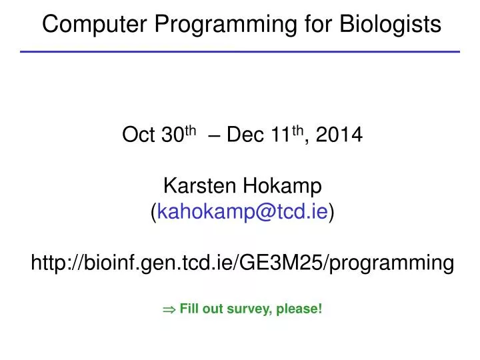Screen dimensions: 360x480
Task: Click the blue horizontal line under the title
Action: pos(240,51)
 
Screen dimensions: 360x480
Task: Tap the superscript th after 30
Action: pos(190,132)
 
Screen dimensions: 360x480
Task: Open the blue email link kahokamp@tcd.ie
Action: pos(242,212)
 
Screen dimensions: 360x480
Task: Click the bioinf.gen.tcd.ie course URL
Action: pos(243,264)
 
